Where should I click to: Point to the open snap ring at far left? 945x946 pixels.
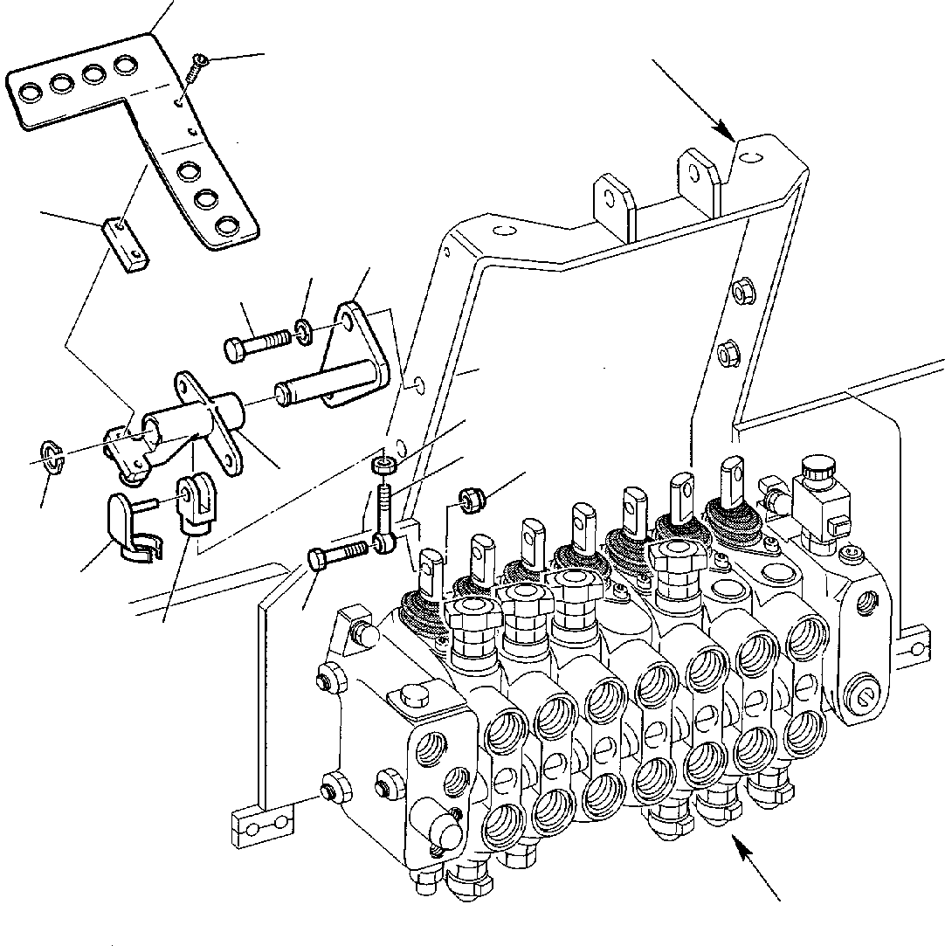click(52, 455)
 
